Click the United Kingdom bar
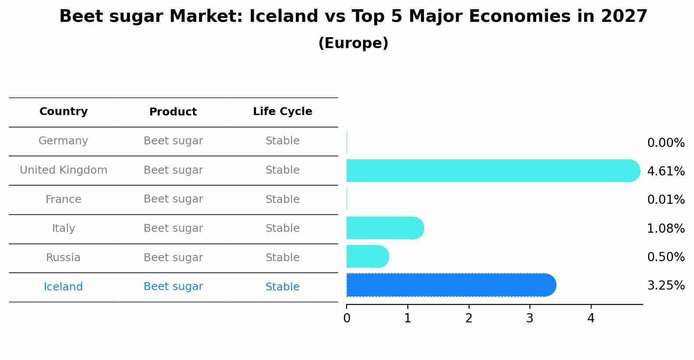tap(490, 171)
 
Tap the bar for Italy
tap(384, 228)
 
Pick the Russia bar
tap(367, 256)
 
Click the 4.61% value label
tap(666, 171)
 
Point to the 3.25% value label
tap(666, 286)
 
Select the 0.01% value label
tap(666, 200)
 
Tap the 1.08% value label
tap(666, 229)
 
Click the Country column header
tap(63, 112)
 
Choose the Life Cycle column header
tap(282, 112)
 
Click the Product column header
tap(173, 112)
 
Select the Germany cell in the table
tap(63, 141)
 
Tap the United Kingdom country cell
tap(63, 170)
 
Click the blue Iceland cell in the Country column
tap(63, 287)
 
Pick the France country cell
tap(63, 199)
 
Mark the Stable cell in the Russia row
tap(282, 258)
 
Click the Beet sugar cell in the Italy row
tap(173, 228)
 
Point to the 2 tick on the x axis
tap(469, 318)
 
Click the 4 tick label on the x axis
tap(591, 318)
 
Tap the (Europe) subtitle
tap(353, 43)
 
